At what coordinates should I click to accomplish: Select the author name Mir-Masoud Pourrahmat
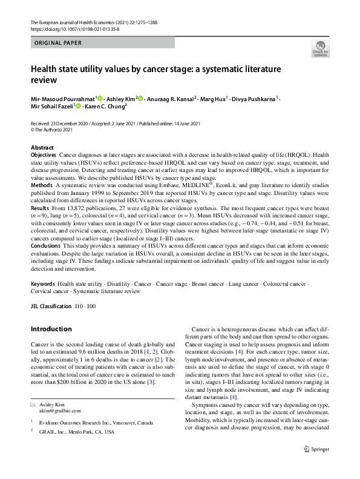click(62, 99)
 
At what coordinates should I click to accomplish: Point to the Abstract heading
click(42, 148)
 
